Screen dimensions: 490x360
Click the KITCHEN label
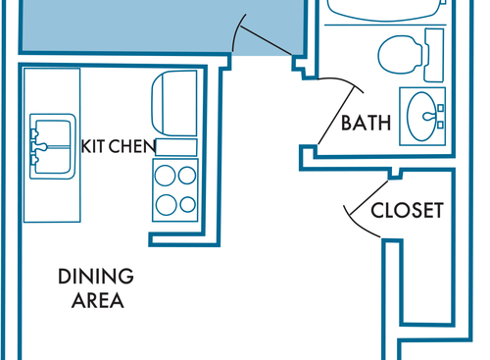click(119, 146)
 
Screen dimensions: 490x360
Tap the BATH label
click(366, 123)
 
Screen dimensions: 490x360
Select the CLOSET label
click(407, 210)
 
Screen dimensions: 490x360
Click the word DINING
click(96, 277)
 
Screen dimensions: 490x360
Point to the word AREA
click(98, 300)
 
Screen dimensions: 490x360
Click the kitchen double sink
click(53, 146)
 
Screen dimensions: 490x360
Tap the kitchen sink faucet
click(36, 147)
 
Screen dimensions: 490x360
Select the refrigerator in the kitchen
click(174, 103)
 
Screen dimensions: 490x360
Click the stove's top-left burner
click(165, 176)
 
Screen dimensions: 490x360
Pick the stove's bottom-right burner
click(188, 204)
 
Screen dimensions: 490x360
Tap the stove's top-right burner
click(187, 175)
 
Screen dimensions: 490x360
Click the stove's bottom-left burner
click(167, 205)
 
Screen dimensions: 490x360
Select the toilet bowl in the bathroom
click(400, 54)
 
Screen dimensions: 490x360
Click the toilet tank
click(434, 55)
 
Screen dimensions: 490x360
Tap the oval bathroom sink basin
click(421, 117)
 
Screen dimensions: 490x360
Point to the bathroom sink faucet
click(429, 116)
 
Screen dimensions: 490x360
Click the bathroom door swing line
click(336, 116)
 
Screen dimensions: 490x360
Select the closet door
click(368, 198)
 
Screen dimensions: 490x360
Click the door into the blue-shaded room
click(266, 40)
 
